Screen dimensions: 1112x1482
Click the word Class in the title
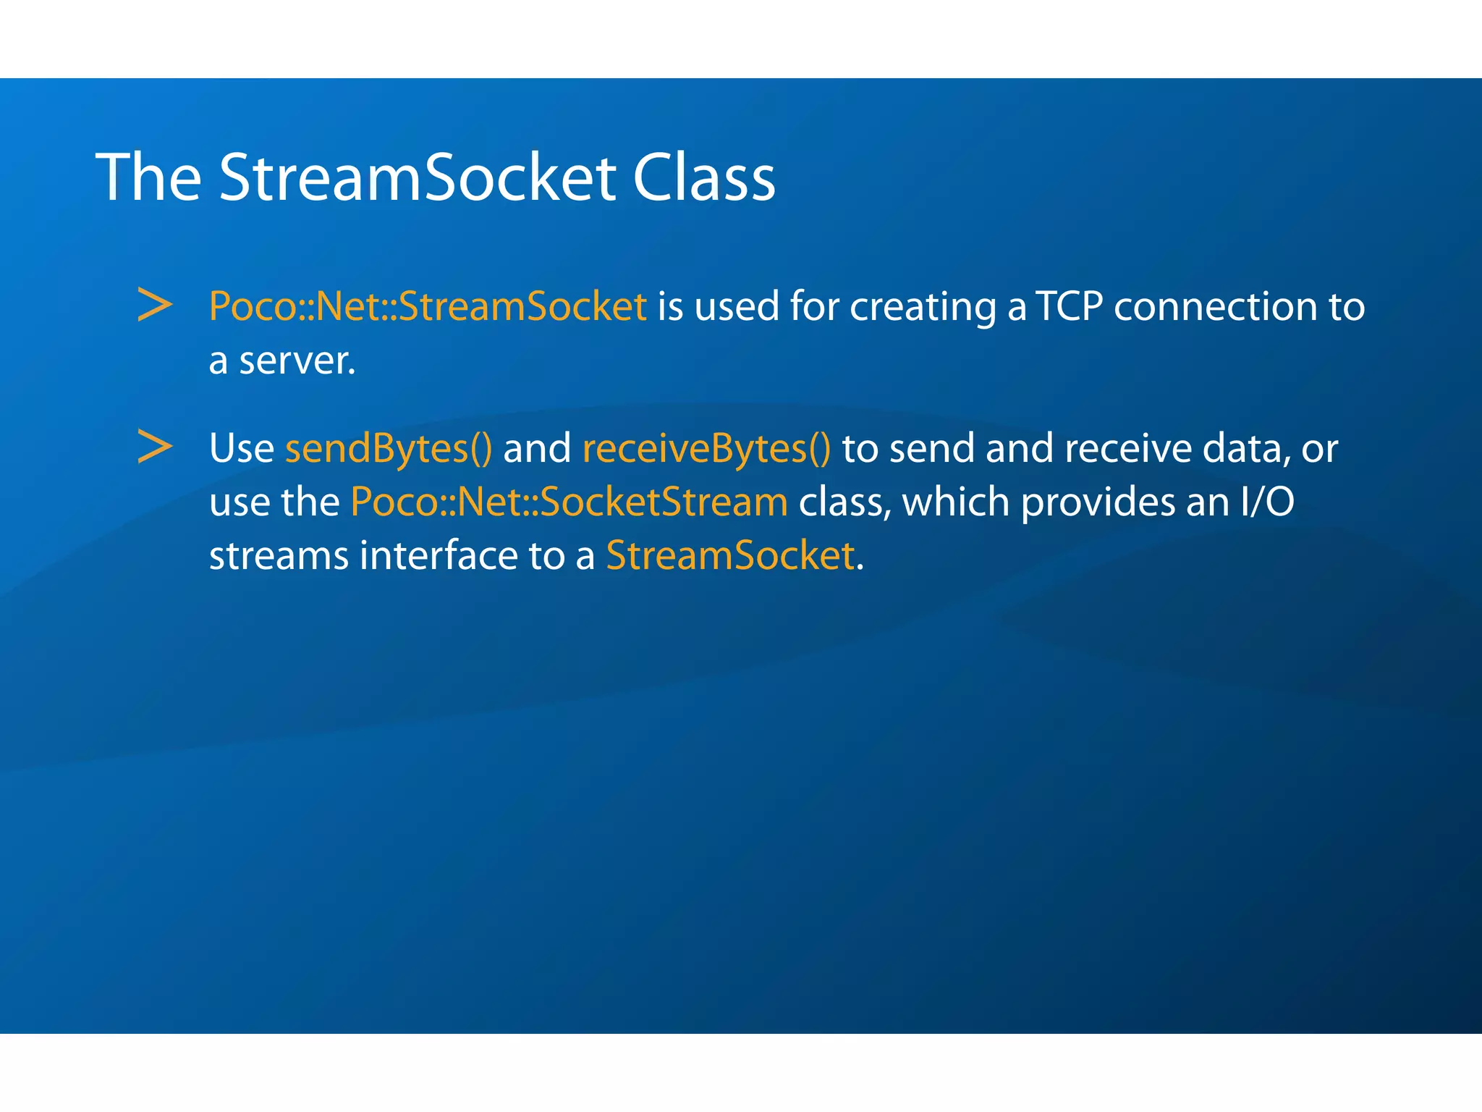click(703, 177)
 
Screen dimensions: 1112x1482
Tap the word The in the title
click(148, 177)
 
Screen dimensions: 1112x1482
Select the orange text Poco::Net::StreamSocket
click(427, 306)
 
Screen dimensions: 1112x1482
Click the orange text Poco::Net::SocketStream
click(569, 502)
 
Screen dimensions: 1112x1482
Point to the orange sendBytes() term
click(389, 449)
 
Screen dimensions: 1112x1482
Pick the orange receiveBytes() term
click(706, 449)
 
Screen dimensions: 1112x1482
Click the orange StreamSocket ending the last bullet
click(730, 556)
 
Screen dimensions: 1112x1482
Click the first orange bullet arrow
click(155, 305)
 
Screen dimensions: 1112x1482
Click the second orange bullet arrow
click(155, 447)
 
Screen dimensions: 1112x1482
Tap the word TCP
click(1069, 306)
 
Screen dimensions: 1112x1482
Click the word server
click(297, 361)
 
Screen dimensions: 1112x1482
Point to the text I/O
click(1266, 502)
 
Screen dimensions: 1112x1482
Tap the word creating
click(923, 306)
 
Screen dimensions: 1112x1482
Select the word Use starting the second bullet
click(241, 449)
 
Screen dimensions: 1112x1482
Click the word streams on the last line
click(279, 556)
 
